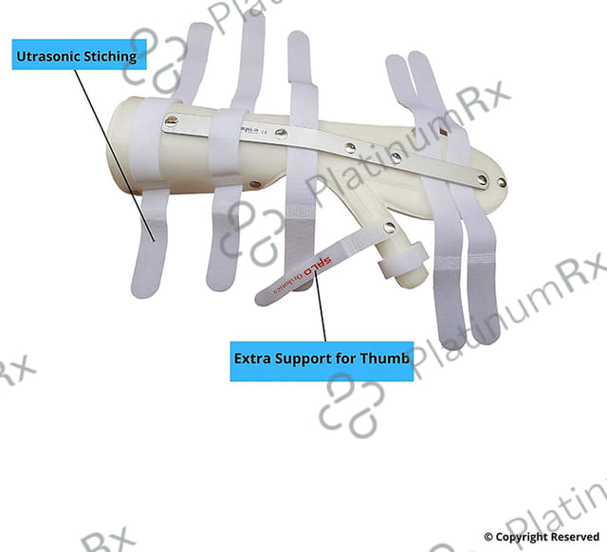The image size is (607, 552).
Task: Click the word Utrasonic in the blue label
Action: (x=48, y=56)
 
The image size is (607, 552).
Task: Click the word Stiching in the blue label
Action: (x=110, y=57)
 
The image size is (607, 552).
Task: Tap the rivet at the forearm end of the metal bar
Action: (x=171, y=122)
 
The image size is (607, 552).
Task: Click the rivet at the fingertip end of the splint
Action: (x=501, y=182)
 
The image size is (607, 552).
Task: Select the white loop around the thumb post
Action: (x=403, y=260)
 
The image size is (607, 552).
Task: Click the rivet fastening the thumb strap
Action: (x=390, y=228)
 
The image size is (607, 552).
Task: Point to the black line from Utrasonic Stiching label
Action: (x=115, y=156)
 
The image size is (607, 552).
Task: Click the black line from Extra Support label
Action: (x=321, y=306)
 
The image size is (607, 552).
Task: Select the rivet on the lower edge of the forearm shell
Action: (x=254, y=184)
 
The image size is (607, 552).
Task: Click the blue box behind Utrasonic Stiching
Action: (x=79, y=55)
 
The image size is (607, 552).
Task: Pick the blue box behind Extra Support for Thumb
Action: (x=322, y=361)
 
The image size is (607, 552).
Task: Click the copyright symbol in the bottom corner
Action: (x=488, y=537)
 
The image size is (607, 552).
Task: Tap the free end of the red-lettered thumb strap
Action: (x=263, y=298)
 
